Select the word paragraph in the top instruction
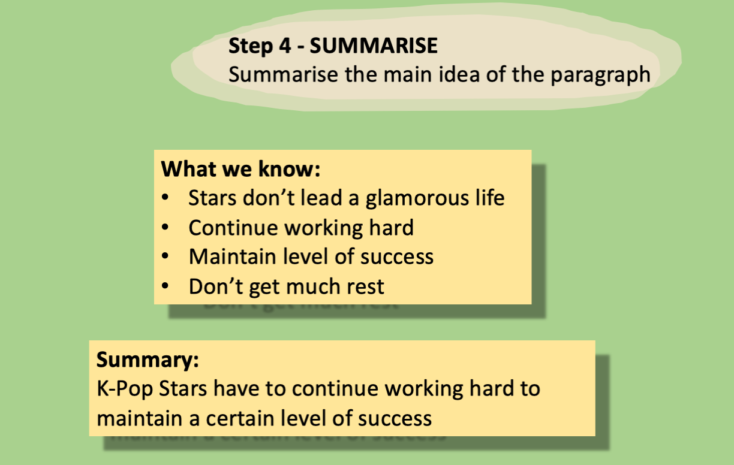coord(600,75)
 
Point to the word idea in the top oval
coord(459,75)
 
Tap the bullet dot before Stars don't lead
coord(165,198)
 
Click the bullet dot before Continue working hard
coord(165,228)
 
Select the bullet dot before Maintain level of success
coord(165,257)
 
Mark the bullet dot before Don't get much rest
coord(165,286)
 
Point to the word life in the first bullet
coord(488,198)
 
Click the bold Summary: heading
coord(148,360)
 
